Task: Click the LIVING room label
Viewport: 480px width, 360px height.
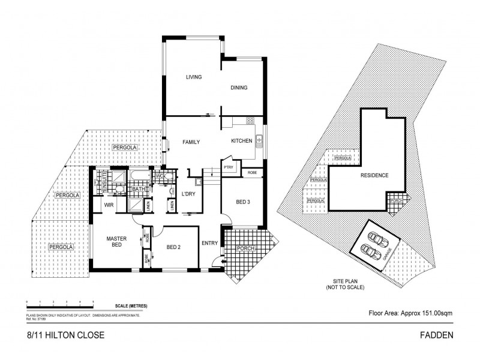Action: coord(193,77)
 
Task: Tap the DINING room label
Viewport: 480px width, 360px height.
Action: coord(239,88)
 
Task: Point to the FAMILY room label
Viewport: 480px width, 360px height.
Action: coord(191,142)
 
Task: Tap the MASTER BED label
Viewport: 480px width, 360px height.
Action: coord(115,242)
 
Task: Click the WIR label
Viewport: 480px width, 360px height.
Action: coord(109,205)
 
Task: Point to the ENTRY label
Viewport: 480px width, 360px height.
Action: coord(210,243)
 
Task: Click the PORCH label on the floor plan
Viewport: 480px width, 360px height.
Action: coord(246,248)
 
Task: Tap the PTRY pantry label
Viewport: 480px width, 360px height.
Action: coord(229,168)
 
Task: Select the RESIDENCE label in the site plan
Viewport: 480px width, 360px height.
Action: coord(374,175)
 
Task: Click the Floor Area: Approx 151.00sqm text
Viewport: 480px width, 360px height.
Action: coord(410,313)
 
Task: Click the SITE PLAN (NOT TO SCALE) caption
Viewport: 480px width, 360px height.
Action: coord(344,284)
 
